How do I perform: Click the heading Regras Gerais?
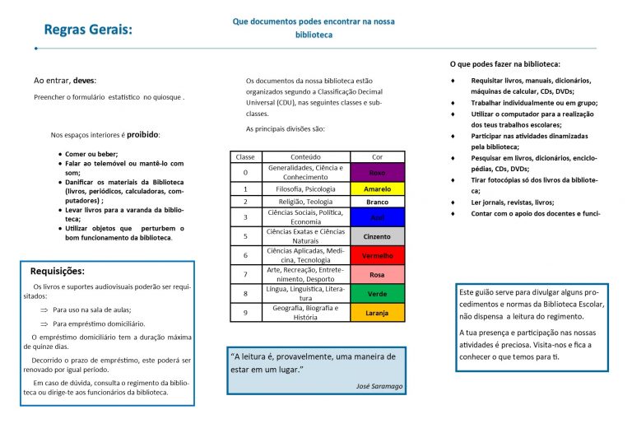tap(87, 30)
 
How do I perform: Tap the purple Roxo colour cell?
tap(377, 172)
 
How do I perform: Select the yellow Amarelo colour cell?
tap(377, 189)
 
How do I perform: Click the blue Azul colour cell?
tap(377, 217)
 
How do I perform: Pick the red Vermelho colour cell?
tap(377, 255)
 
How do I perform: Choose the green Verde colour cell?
tap(377, 293)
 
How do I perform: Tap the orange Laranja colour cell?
tap(377, 313)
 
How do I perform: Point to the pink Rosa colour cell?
tap(377, 274)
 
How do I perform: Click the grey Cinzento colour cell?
tap(377, 236)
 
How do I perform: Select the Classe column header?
tap(245, 156)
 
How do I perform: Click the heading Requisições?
tap(57, 271)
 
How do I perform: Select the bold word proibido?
tap(143, 133)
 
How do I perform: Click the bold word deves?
tap(84, 81)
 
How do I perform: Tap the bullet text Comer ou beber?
tap(91, 154)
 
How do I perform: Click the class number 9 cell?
tap(245, 313)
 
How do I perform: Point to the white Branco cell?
tap(377, 202)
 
